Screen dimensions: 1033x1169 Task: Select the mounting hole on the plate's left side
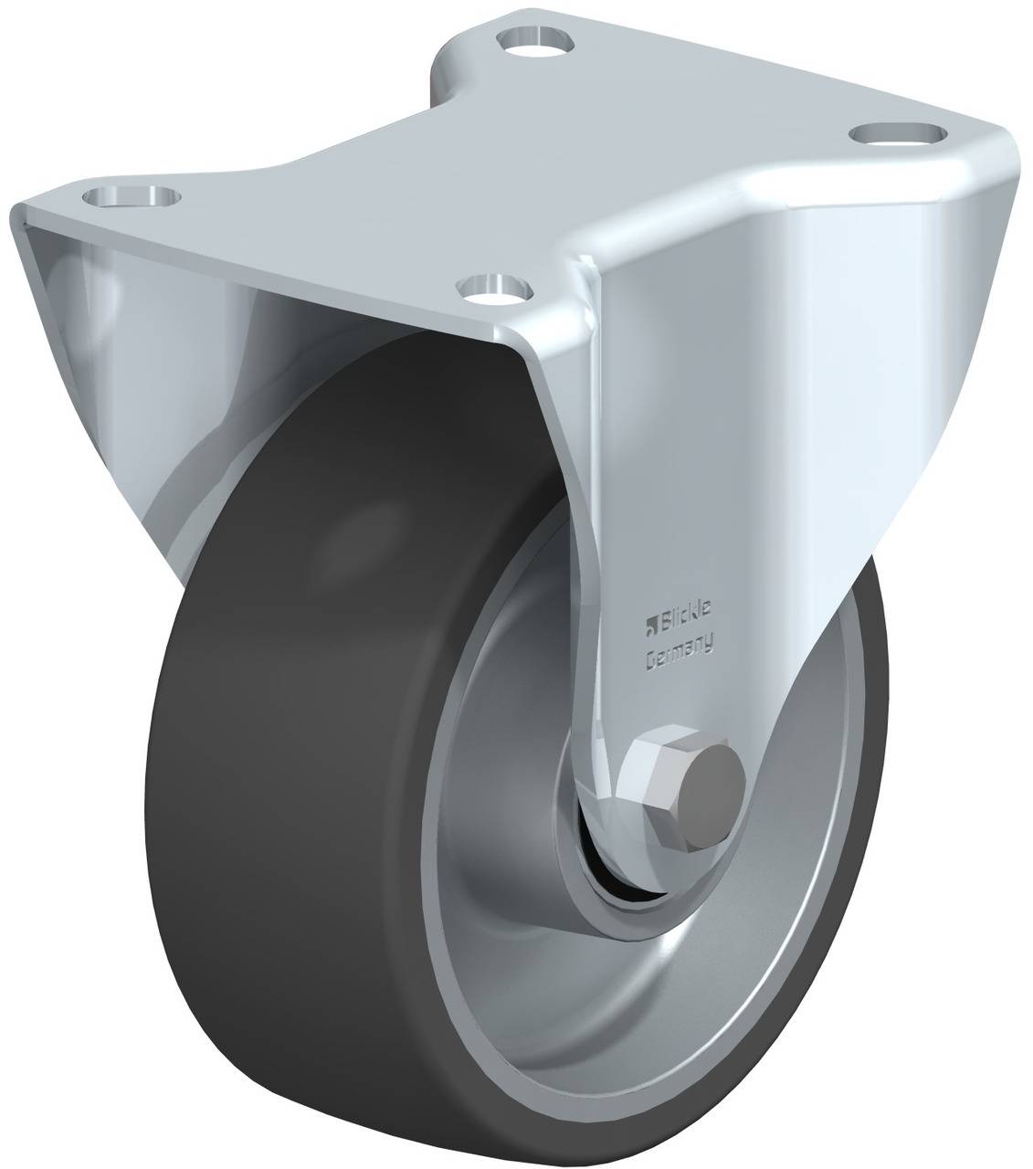[x=132, y=196]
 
